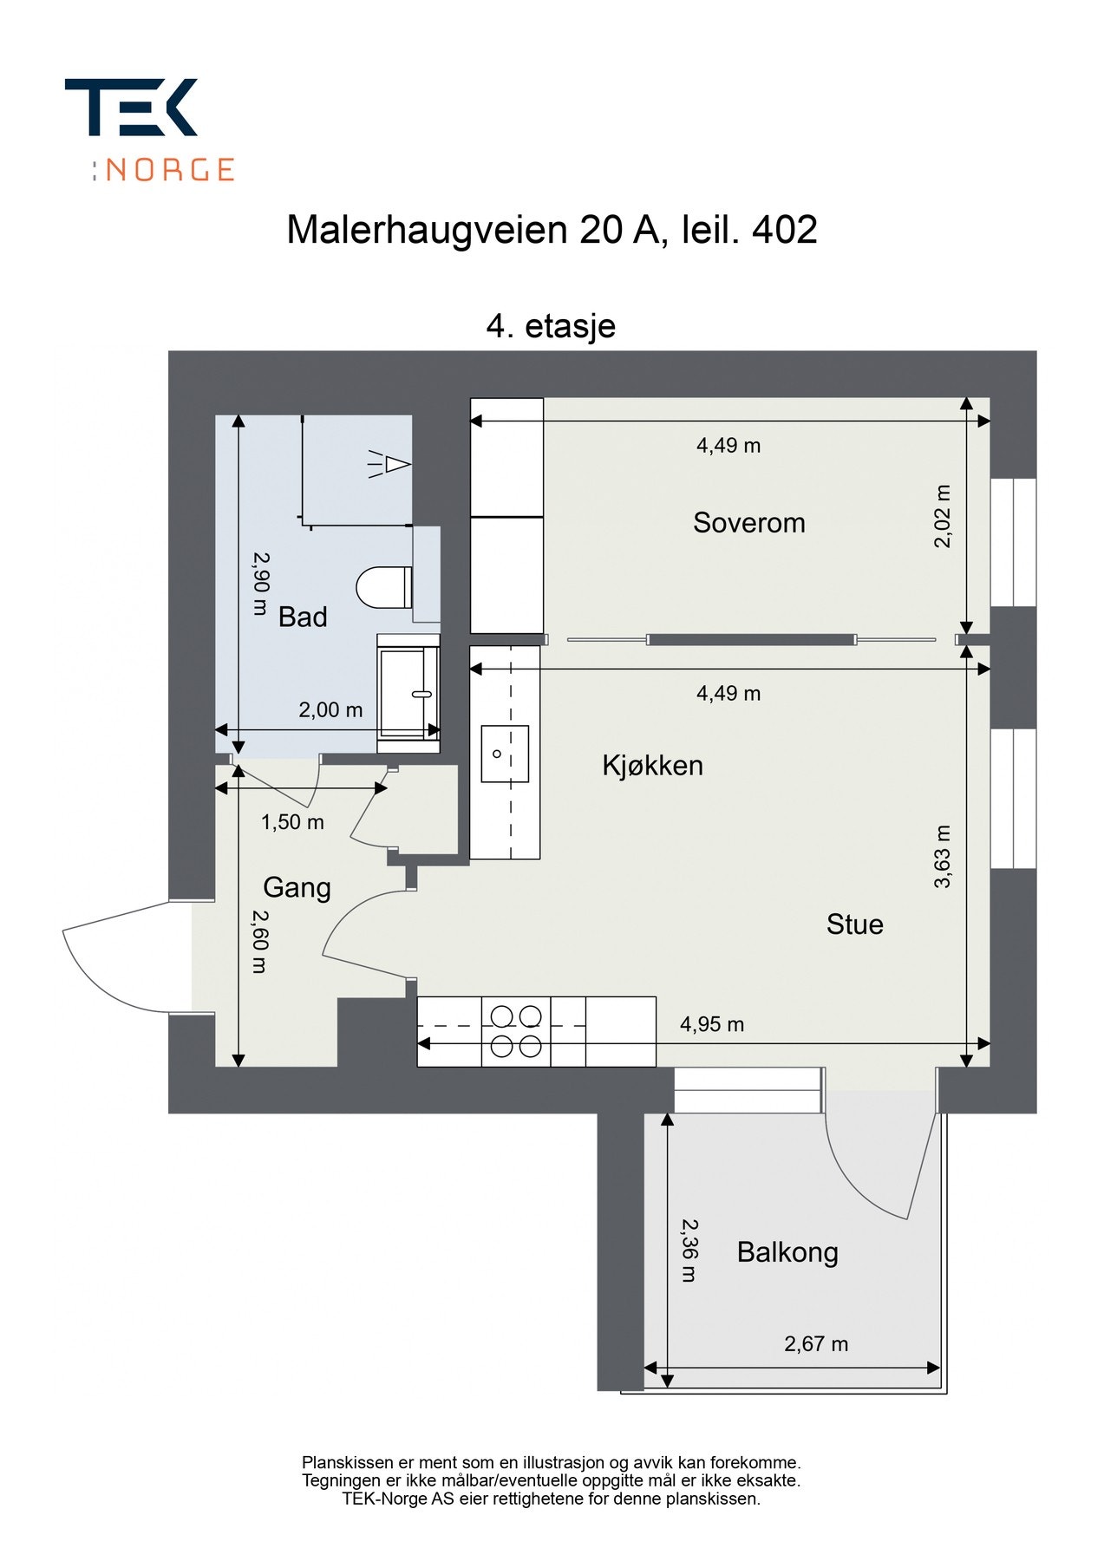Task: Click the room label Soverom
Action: click(x=748, y=522)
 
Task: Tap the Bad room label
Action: click(x=303, y=617)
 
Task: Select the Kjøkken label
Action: click(x=652, y=765)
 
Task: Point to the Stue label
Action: click(x=854, y=924)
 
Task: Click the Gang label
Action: click(x=297, y=887)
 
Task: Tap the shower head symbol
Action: click(x=389, y=465)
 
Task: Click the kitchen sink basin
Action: click(x=505, y=754)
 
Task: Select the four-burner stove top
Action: click(x=516, y=1031)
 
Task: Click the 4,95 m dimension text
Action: click(x=711, y=1024)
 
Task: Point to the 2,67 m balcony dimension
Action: click(x=815, y=1343)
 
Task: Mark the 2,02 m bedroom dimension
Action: click(x=943, y=516)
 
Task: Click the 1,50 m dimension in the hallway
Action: click(x=292, y=821)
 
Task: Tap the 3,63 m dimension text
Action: click(x=943, y=856)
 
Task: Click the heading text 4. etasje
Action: click(x=551, y=326)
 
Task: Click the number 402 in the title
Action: click(x=784, y=230)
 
